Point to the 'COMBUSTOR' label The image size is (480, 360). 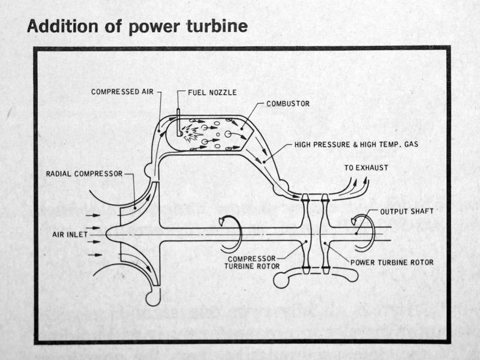tap(287, 103)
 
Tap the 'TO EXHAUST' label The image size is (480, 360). tap(367, 168)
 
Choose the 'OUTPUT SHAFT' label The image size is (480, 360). tap(406, 211)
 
